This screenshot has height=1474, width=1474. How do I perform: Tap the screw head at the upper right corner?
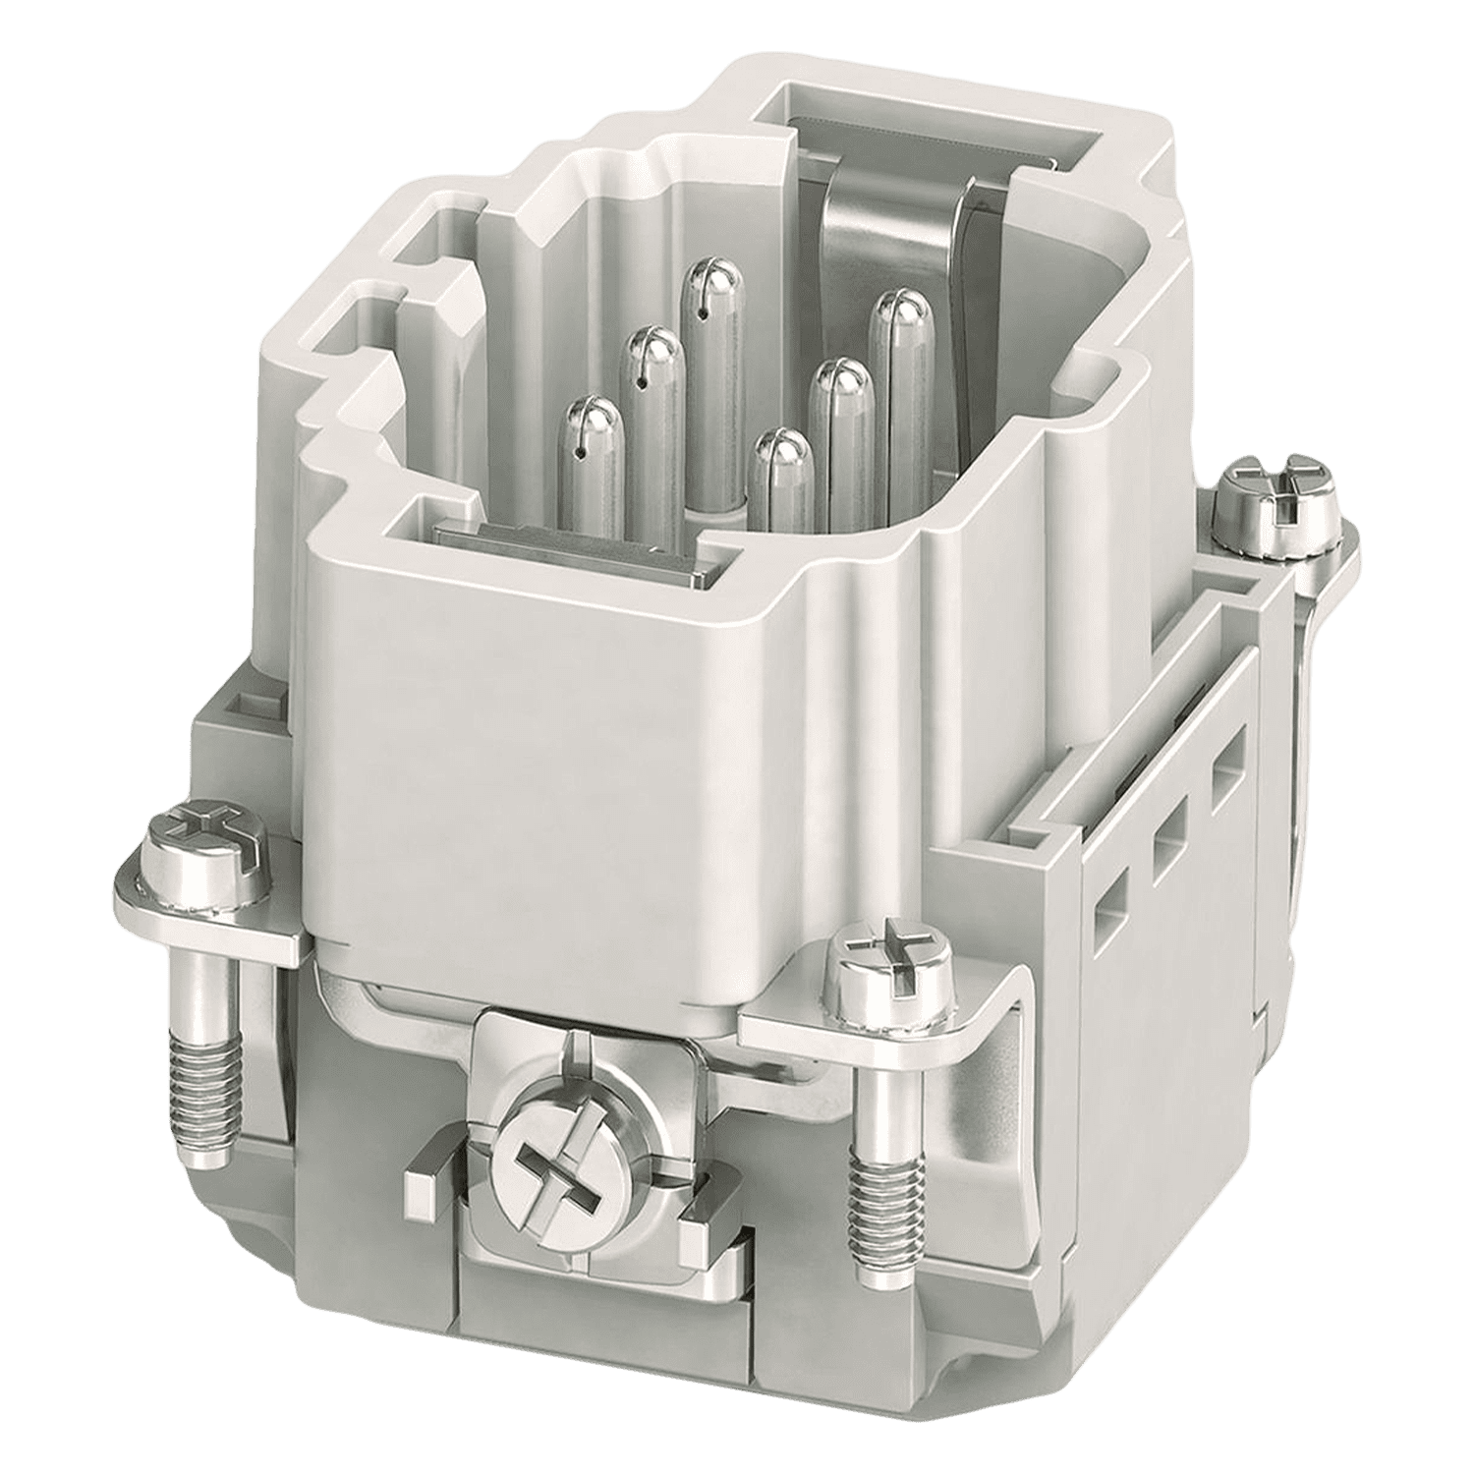pyautogui.click(x=1276, y=497)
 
